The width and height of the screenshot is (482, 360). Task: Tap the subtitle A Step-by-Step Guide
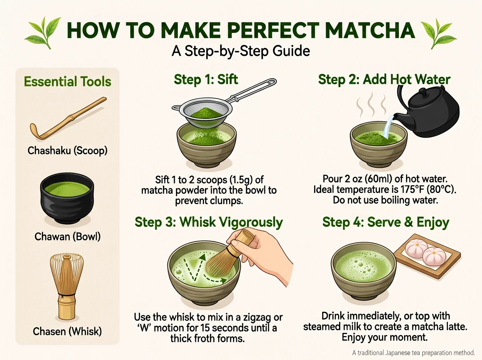[241, 51]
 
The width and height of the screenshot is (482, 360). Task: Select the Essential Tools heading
[67, 82]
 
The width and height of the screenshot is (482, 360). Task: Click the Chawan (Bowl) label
[67, 236]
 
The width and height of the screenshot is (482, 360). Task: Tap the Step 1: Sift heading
[206, 79]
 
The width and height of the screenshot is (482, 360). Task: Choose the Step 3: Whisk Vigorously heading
[209, 222]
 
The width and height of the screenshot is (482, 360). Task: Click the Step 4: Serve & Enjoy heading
[386, 222]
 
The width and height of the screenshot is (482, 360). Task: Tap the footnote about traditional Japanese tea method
[414, 352]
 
